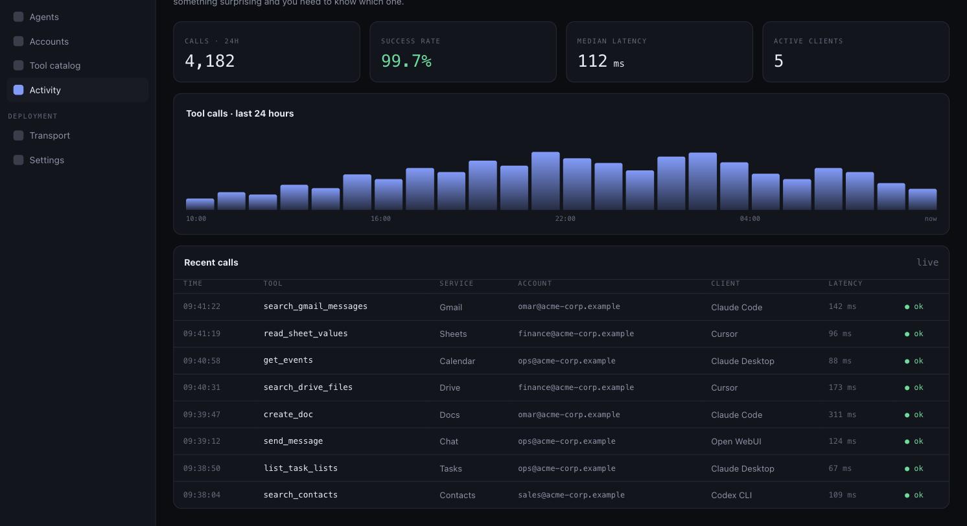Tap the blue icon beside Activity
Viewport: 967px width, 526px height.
tap(19, 90)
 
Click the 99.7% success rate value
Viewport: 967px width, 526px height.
tap(406, 61)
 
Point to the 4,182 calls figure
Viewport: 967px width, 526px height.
tap(210, 61)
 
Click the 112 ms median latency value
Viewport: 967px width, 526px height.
tap(601, 62)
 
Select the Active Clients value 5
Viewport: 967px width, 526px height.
tap(778, 61)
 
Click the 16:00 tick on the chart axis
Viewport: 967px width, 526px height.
tap(380, 219)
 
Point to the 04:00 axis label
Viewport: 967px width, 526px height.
tap(750, 219)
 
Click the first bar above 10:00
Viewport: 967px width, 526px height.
tap(200, 204)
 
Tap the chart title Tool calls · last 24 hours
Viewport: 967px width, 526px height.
tap(240, 113)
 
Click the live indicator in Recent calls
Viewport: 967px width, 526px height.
tap(927, 262)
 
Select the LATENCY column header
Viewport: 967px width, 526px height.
tap(845, 284)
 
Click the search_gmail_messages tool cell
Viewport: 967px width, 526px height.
tap(316, 306)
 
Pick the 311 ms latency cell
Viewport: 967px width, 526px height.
tap(843, 415)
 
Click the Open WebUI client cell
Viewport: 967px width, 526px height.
tap(736, 441)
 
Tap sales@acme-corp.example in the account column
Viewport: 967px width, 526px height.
tap(571, 495)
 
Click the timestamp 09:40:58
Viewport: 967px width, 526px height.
tap(202, 361)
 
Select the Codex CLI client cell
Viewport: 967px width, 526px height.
tap(731, 496)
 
